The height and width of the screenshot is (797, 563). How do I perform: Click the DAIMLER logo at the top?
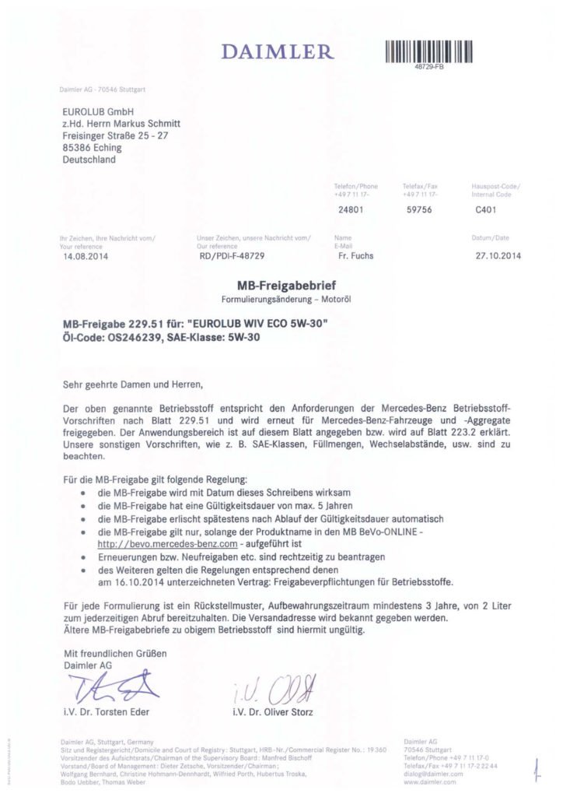(277, 52)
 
